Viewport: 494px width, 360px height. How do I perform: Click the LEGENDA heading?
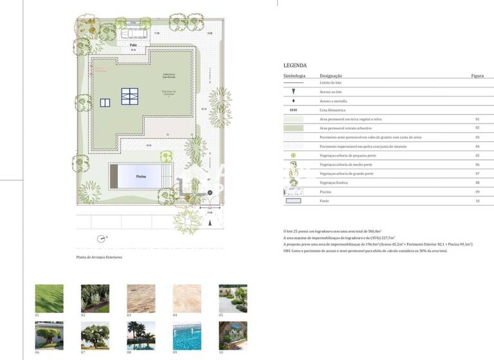pyautogui.click(x=295, y=66)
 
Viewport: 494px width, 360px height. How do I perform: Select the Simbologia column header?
pyautogui.click(x=294, y=76)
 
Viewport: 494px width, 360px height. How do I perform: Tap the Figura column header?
pyautogui.click(x=477, y=76)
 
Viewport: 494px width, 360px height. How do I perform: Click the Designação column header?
pyautogui.click(x=331, y=76)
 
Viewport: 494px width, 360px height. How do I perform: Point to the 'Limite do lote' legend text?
pyautogui.click(x=331, y=83)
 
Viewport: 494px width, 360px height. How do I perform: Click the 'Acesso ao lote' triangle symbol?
pyautogui.click(x=294, y=92)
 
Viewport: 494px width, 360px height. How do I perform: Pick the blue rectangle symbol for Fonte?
pyautogui.click(x=294, y=201)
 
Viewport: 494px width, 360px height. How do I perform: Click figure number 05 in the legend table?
pyautogui.click(x=477, y=156)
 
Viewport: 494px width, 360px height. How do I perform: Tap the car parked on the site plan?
pyautogui.click(x=134, y=33)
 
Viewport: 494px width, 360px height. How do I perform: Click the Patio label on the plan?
pyautogui.click(x=133, y=46)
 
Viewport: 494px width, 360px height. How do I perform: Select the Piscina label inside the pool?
pyautogui.click(x=140, y=176)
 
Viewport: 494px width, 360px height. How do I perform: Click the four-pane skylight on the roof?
pyautogui.click(x=129, y=95)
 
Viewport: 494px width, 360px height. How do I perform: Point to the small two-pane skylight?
pyautogui.click(x=105, y=102)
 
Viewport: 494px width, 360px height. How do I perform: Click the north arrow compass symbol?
pyautogui.click(x=101, y=239)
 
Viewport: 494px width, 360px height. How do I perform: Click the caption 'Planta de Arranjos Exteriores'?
pyautogui.click(x=99, y=257)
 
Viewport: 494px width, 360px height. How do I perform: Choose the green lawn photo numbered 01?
pyautogui.click(x=49, y=298)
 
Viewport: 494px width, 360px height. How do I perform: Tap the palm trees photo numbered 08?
pyautogui.click(x=141, y=335)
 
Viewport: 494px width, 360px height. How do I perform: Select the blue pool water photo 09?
pyautogui.click(x=187, y=335)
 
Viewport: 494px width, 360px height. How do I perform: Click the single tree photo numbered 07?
pyautogui.click(x=95, y=335)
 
